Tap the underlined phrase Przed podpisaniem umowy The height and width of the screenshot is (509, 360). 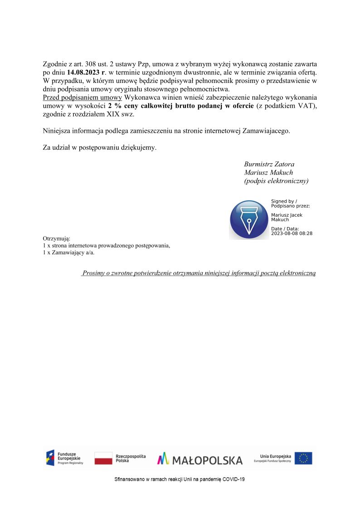[x=82, y=97]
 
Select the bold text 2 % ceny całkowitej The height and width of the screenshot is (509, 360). [x=135, y=106]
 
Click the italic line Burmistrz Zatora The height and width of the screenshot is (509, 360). [x=269, y=164]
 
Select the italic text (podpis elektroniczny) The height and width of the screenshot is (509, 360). [x=276, y=181]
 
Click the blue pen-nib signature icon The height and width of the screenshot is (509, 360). [x=249, y=219]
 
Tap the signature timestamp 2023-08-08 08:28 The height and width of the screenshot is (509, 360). [x=292, y=233]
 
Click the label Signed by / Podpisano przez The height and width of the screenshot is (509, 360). [x=290, y=203]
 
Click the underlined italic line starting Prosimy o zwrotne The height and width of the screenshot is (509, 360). [x=199, y=273]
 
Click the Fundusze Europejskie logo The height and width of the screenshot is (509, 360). [x=65, y=458]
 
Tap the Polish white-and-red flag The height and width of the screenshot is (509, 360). [x=103, y=458]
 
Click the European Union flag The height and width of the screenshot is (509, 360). [x=303, y=458]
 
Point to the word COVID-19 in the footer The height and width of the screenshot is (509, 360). [x=233, y=479]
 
